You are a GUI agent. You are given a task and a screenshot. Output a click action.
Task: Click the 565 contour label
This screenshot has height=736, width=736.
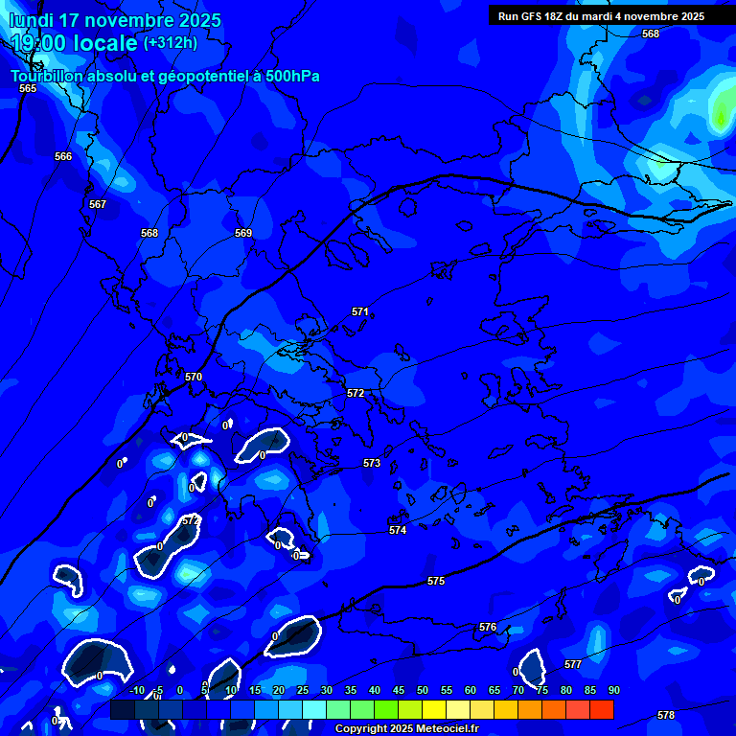[28, 88]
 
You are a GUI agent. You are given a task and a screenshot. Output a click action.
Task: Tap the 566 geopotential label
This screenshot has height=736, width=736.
[63, 156]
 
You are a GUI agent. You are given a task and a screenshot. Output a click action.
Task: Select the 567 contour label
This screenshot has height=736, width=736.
[98, 204]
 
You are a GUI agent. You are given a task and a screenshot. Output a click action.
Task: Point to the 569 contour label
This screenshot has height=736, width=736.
[243, 233]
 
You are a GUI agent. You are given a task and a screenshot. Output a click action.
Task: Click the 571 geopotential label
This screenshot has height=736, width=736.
[360, 311]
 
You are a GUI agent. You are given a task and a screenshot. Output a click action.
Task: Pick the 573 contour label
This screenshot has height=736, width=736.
[372, 463]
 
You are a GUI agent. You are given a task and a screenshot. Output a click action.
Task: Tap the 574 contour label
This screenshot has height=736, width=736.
[398, 530]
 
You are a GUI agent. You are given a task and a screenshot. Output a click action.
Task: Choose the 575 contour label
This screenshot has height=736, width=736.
[436, 581]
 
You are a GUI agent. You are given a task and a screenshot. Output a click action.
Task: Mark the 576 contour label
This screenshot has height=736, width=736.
[488, 627]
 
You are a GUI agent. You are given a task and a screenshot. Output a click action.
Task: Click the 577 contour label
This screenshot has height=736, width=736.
[573, 664]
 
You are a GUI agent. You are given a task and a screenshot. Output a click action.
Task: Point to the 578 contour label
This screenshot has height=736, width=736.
[666, 715]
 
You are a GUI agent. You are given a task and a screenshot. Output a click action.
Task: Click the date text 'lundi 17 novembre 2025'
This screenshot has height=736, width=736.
[116, 20]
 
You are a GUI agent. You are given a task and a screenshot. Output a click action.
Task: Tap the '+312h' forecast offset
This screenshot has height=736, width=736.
[171, 42]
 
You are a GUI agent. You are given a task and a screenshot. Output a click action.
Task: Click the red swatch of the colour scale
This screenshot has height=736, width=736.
[601, 709]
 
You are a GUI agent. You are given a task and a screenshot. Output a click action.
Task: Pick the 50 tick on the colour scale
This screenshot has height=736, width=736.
[423, 690]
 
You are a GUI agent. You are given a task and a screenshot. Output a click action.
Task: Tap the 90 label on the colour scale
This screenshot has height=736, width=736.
[613, 690]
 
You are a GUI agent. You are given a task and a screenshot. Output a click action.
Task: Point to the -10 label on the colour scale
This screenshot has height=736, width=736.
[137, 690]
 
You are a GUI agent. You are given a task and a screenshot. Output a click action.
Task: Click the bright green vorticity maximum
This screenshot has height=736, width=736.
[721, 113]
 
